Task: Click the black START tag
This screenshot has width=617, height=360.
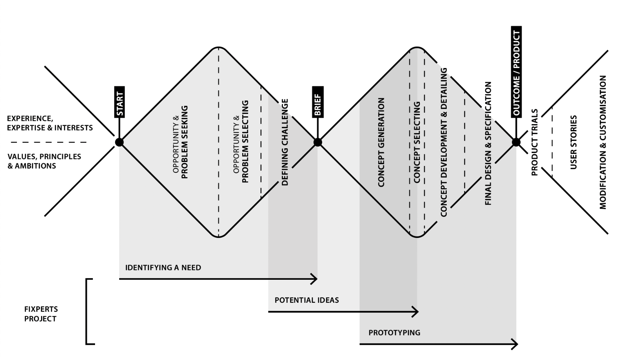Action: (120, 102)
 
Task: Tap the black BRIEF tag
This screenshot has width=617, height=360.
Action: (318, 102)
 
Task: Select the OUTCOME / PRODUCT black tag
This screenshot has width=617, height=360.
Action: (517, 72)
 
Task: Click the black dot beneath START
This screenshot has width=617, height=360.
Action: (120, 142)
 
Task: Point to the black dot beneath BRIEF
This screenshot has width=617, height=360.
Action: (317, 142)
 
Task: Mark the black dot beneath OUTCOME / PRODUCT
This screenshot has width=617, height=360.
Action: (516, 142)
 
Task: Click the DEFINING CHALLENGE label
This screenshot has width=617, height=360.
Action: (285, 142)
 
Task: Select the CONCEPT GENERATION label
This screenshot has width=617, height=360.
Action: (382, 142)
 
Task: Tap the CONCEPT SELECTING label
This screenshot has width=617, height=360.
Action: (417, 142)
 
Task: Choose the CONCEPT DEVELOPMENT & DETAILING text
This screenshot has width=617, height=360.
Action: (444, 142)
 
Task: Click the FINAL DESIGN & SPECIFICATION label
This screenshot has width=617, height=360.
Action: (488, 143)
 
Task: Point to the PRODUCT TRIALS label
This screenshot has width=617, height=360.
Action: (535, 142)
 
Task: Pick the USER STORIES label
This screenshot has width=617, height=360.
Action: (574, 142)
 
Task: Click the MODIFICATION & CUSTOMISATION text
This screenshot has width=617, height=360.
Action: (603, 142)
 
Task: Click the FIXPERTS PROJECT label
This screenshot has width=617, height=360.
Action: (41, 314)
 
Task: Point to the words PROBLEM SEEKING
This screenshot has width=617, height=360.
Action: (185, 142)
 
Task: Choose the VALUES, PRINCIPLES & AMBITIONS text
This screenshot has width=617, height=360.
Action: (44, 161)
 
